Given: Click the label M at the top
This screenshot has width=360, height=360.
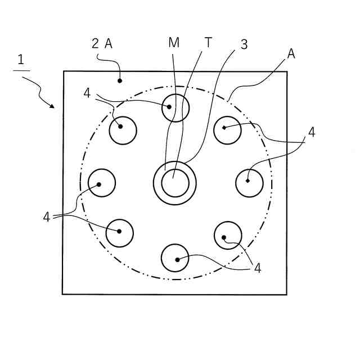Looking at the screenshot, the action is point(174,43).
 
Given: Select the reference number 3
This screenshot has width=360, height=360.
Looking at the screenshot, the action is point(244,44).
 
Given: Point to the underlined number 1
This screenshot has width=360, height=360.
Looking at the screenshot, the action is point(21,60).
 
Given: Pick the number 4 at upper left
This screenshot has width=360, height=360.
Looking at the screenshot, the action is point(87,93).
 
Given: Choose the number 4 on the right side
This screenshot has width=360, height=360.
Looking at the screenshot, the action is point(311,132).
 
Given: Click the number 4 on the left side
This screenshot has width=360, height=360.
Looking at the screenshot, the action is point(47,217).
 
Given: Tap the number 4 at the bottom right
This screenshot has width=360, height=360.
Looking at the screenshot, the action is point(257,268).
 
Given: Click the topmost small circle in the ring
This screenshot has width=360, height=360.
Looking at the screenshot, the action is point(175,107).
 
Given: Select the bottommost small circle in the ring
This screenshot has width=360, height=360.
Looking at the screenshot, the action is point(175,258).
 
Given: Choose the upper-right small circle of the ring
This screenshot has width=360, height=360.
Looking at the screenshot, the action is point(228,129).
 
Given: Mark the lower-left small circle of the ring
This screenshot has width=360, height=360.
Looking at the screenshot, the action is point(119,233).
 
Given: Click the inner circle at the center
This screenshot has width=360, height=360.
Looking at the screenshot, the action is point(175,183).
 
